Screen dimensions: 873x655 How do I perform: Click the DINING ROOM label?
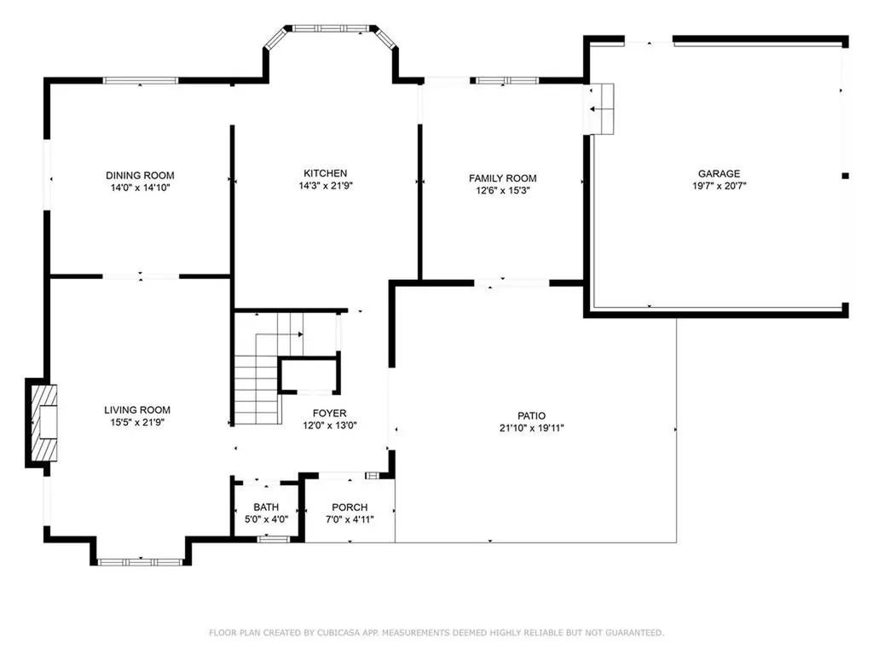click(x=140, y=173)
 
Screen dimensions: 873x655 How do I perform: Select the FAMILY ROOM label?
click(x=502, y=178)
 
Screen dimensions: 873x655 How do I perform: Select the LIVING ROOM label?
click(x=137, y=409)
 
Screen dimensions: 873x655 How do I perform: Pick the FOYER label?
click(x=328, y=413)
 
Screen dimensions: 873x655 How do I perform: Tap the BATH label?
click(x=265, y=507)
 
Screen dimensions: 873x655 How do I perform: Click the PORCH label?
click(x=350, y=507)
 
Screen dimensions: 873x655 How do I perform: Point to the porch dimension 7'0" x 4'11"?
click(x=350, y=519)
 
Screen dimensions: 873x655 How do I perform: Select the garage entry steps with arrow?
click(x=603, y=109)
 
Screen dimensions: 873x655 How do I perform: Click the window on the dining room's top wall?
click(x=141, y=80)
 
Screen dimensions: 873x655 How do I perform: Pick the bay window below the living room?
click(x=139, y=561)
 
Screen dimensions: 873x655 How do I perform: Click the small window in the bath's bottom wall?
click(x=273, y=539)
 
